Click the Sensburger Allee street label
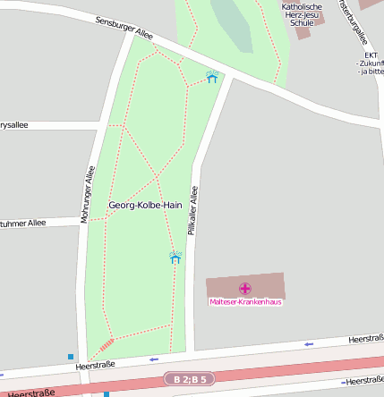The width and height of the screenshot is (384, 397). [x=124, y=28]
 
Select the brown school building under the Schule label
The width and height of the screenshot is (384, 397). [x=303, y=33]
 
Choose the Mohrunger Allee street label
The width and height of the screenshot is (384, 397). [x=87, y=194]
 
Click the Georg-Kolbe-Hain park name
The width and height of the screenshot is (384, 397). [x=145, y=205]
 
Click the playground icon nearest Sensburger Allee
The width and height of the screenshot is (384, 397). [x=212, y=78]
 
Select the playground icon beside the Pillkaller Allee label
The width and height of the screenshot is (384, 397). [x=175, y=258]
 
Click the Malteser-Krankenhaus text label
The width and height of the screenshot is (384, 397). [x=245, y=302]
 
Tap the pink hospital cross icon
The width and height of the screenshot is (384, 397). [x=245, y=288]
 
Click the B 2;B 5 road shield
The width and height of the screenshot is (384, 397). [x=191, y=380]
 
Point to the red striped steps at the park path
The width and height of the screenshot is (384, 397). [x=106, y=345]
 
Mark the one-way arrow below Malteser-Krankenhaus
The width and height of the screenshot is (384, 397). [x=309, y=343]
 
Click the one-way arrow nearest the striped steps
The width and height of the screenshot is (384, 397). [x=153, y=359]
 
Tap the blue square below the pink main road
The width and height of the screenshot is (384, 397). [x=106, y=393]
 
